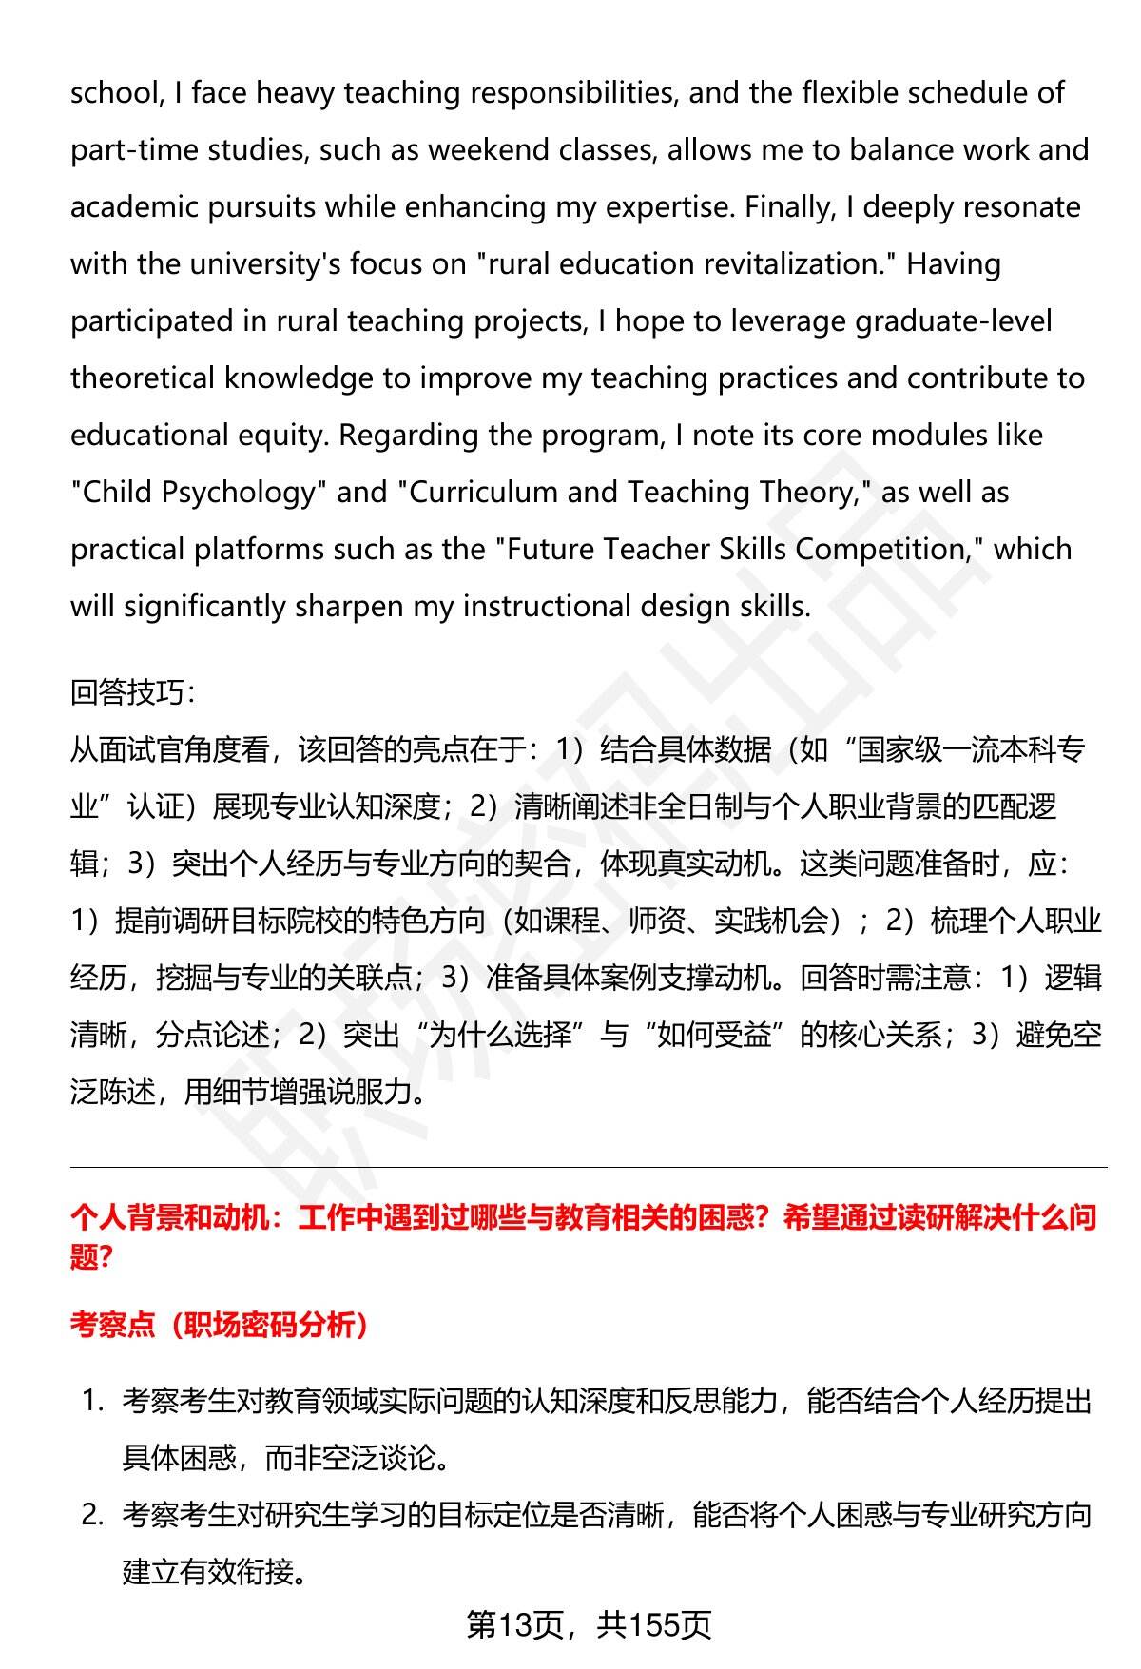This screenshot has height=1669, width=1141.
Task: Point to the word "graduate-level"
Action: (953, 321)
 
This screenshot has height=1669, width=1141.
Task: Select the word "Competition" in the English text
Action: (880, 550)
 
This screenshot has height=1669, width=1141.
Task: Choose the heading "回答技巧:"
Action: (132, 692)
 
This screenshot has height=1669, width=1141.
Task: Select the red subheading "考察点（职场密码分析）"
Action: (219, 1325)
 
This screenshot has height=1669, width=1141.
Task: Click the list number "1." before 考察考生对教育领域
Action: (92, 1401)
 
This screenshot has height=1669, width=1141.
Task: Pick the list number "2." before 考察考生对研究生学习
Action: (92, 1515)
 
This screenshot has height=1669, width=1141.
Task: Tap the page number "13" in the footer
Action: (518, 1626)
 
